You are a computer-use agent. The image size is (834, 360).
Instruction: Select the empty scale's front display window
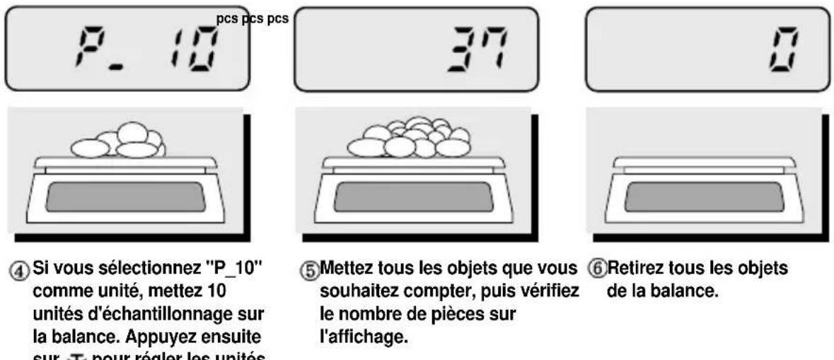(703, 197)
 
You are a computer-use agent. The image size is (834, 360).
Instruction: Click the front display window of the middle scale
(413, 197)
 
